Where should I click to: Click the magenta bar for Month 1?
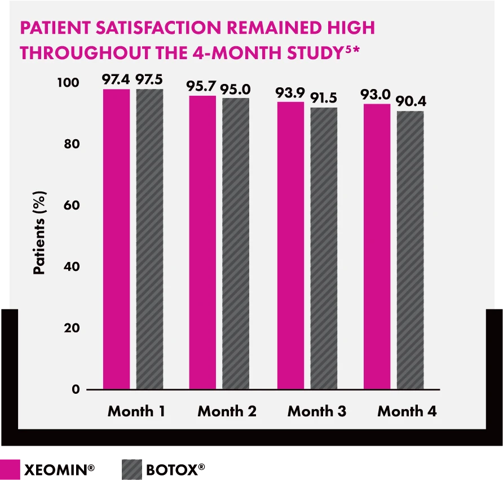pos(116,239)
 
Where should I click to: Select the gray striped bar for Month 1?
pos(149,239)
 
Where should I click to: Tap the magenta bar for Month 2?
pos(202,242)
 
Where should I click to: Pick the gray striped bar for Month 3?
pos(324,248)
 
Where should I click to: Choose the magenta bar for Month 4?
pos(377,246)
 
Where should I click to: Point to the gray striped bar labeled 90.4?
pos(410,250)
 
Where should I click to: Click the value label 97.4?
pos(116,79)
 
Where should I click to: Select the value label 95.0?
pos(236,89)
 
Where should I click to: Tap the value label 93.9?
pos(290,92)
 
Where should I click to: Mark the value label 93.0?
pos(377,94)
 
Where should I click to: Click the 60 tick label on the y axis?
pos(72,206)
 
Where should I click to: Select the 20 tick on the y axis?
pos(72,328)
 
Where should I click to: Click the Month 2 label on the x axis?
pos(227,411)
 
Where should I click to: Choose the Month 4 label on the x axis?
pos(407,411)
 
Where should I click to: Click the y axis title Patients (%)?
pos(39,232)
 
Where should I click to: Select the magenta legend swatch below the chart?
pos(11,468)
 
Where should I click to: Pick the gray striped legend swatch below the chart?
pos(133,468)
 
